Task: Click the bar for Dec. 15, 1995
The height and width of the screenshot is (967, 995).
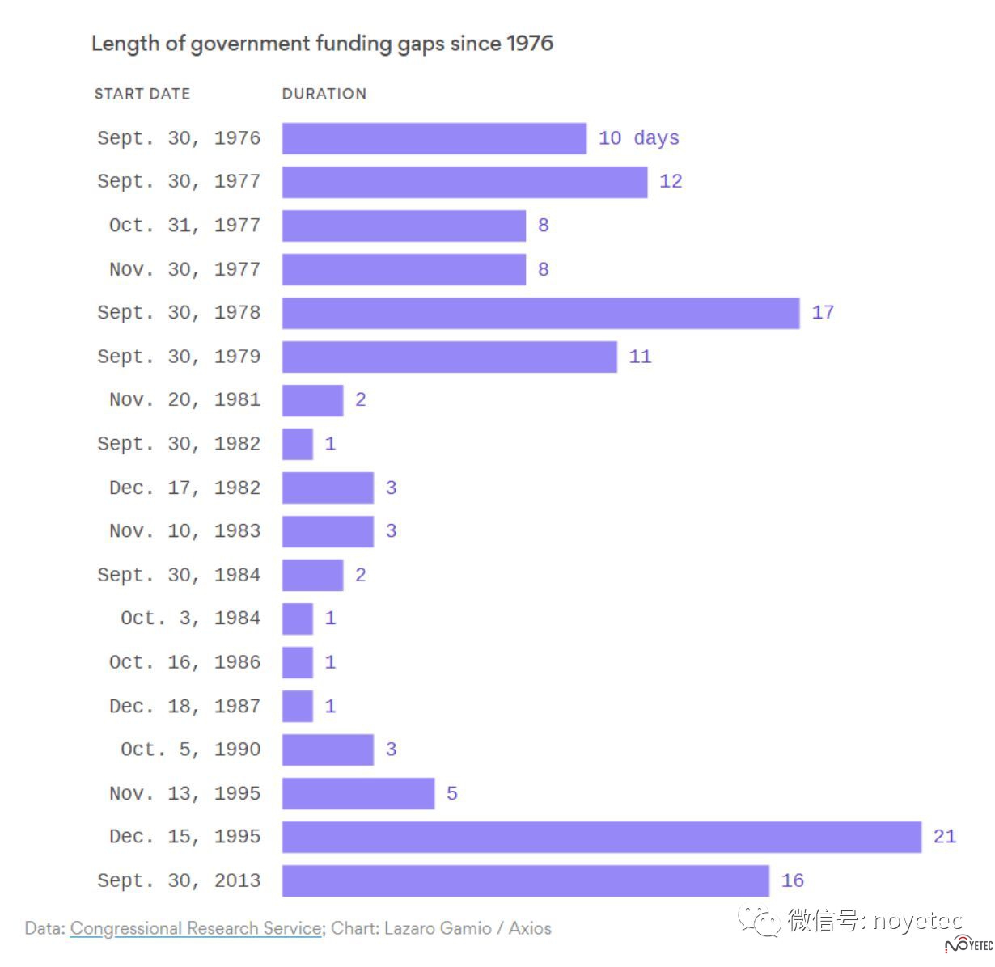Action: (601, 837)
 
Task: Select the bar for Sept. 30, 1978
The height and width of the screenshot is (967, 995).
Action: (540, 313)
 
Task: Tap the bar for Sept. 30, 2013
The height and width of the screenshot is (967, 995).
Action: (525, 880)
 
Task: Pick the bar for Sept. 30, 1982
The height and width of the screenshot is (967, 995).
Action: (297, 444)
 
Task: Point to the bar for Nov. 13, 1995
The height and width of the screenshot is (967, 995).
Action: (358, 793)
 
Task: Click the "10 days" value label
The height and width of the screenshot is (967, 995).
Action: (638, 138)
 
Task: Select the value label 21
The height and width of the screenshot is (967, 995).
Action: (944, 837)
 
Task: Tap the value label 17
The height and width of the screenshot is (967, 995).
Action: (822, 313)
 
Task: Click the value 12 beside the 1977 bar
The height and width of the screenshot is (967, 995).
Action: (670, 182)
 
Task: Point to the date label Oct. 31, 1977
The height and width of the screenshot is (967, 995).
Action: (184, 226)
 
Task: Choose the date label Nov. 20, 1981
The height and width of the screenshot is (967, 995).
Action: (184, 400)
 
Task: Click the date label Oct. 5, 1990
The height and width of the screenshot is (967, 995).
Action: (190, 750)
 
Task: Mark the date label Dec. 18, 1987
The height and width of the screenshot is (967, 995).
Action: (184, 706)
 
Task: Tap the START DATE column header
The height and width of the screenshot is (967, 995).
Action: (142, 94)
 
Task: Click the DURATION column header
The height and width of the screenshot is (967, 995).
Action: (324, 94)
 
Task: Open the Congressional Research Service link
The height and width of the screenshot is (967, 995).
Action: (196, 928)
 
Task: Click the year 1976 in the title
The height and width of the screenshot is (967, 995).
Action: (530, 43)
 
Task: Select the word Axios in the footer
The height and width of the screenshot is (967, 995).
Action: (530, 928)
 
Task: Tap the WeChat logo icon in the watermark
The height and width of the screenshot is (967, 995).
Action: (756, 921)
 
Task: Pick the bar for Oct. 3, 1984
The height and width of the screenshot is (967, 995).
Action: (297, 619)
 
